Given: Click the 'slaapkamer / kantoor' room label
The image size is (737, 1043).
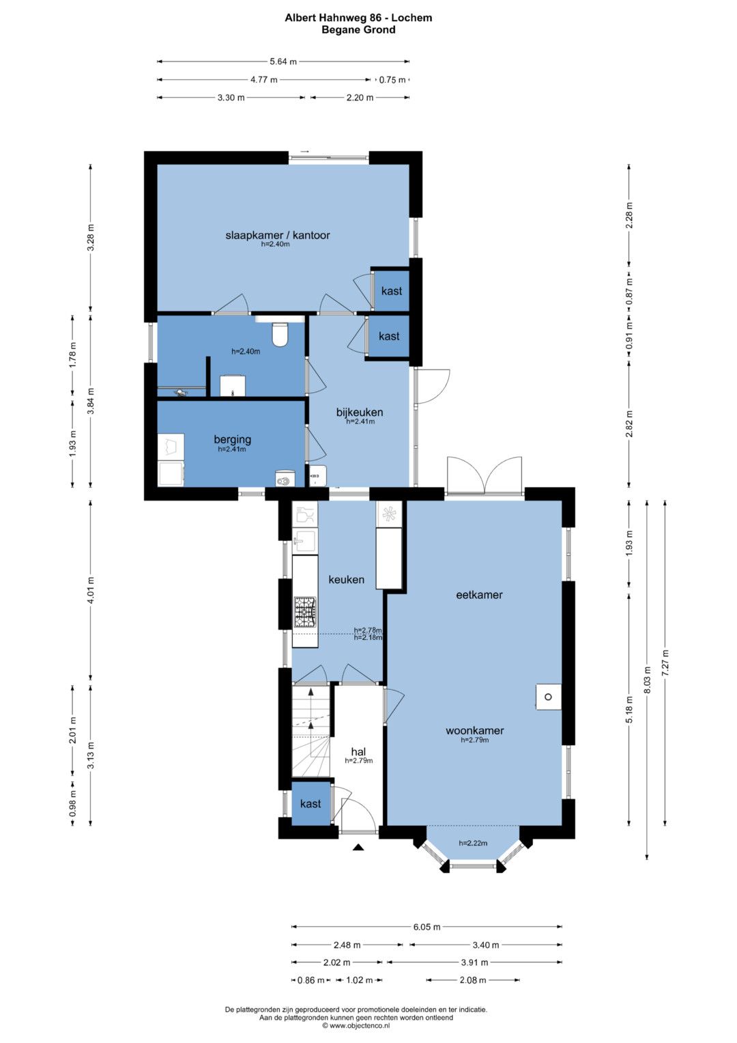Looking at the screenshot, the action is click(278, 235).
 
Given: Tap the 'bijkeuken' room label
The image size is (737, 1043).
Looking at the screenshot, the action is click(360, 412).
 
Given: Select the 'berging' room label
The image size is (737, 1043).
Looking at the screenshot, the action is click(232, 439).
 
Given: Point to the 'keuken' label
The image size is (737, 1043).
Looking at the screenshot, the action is click(346, 580).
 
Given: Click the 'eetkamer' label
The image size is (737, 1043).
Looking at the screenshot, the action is click(479, 595).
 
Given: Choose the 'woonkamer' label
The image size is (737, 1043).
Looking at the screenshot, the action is click(474, 731).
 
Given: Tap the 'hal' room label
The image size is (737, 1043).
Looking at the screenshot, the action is click(358, 751).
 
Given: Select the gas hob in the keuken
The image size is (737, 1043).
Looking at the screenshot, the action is click(304, 612).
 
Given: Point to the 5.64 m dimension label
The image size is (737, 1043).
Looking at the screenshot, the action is click(283, 61).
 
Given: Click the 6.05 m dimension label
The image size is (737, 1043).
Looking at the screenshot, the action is click(427, 927).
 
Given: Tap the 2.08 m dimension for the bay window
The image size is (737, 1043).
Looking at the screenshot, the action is click(473, 980).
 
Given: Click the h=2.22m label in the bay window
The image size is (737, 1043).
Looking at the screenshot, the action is click(473, 843).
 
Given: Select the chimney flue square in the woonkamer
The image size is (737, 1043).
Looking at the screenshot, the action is click(548, 697).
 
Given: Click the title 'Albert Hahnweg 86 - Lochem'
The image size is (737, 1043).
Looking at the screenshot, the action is click(358, 18).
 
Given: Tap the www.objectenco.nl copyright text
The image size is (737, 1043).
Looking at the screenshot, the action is click(356, 1025).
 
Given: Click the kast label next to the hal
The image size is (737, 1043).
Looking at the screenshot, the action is click(310, 804).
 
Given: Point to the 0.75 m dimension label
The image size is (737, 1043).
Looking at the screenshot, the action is click(392, 80).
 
